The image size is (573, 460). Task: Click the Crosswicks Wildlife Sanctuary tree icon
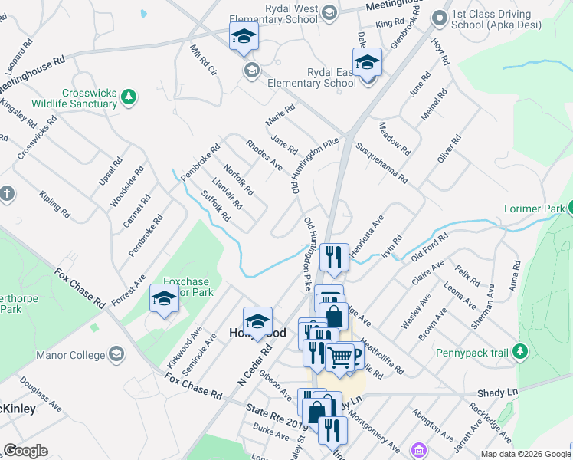(x=129, y=97)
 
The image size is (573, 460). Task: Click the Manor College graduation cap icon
(x=116, y=355)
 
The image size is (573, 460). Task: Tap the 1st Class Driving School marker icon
(x=440, y=18)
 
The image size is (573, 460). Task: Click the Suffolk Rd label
(x=215, y=206)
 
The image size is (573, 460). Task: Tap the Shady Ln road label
(x=503, y=392)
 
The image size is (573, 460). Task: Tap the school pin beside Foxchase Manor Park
(x=164, y=299)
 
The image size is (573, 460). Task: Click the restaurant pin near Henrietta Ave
(x=333, y=257)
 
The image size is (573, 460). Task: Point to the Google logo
(x=25, y=451)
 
